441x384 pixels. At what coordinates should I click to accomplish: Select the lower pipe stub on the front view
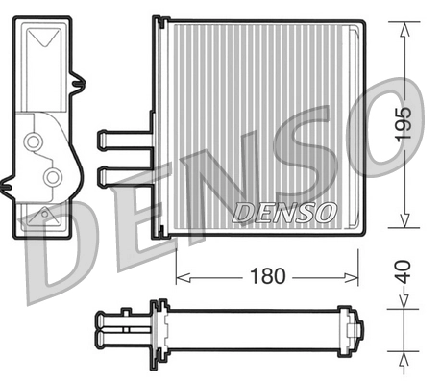[121, 175]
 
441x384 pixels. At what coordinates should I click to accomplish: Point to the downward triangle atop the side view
[43, 41]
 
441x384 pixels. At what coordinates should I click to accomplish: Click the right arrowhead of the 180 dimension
[355, 276]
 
